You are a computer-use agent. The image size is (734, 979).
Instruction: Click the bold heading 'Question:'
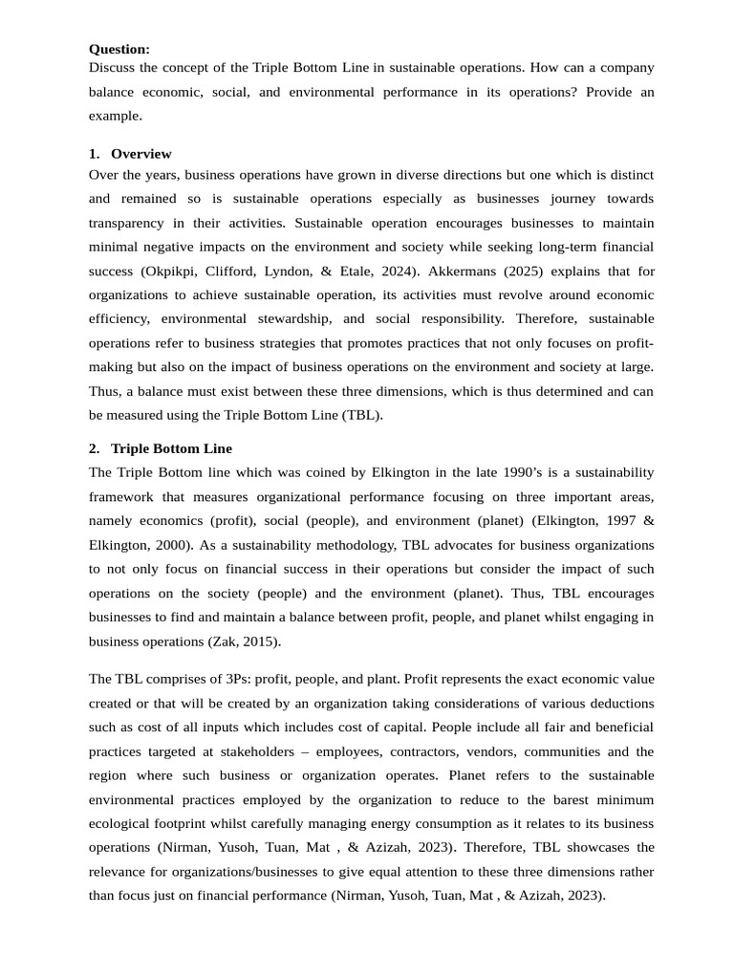click(119, 49)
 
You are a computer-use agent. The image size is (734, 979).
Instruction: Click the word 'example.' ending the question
click(115, 115)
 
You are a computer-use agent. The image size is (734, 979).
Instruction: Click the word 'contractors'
click(446, 751)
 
